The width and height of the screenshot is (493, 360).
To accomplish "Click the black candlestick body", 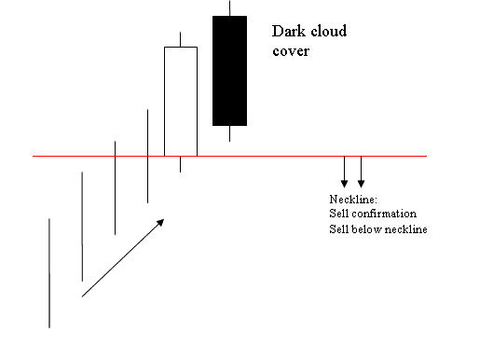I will point(229,70).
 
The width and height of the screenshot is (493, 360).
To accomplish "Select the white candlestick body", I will point(181,101).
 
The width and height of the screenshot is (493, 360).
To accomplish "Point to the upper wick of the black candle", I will point(229,7).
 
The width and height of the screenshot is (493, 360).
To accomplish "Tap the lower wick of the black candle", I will point(229,133).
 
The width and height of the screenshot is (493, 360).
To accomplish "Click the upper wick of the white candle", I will point(181,39).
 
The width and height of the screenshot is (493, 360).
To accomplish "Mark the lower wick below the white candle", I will point(181,164).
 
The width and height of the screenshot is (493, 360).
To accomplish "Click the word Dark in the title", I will point(286,32).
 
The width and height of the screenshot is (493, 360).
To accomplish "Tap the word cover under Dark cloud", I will point(290,50).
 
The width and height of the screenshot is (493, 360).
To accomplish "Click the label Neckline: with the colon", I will point(351,201).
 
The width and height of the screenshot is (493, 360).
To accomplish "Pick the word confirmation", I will point(380,215).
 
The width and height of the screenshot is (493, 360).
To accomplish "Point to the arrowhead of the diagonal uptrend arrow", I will point(161,221).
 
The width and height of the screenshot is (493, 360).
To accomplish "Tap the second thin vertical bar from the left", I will point(82,226).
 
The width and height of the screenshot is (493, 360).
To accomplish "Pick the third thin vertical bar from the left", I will point(115,187).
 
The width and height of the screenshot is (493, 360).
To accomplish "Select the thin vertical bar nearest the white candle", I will point(147,155).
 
